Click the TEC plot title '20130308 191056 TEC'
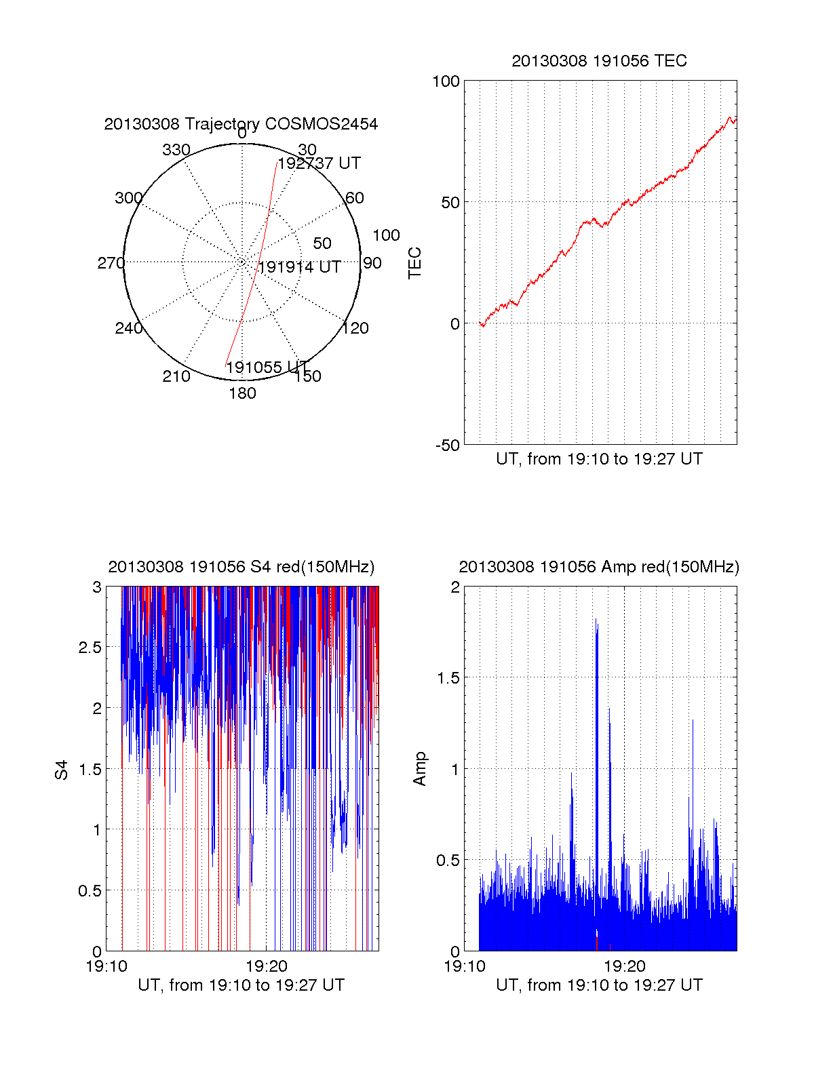tap(599, 61)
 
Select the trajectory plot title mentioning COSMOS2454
tap(241, 124)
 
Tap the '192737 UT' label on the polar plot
tap(319, 163)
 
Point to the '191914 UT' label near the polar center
tap(299, 267)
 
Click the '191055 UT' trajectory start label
tap(267, 368)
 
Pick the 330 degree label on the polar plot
tap(176, 150)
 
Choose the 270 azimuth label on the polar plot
tap(111, 263)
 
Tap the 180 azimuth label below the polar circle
tap(242, 393)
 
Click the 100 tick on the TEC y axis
tap(446, 81)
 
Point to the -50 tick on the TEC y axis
tap(447, 446)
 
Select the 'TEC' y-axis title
tap(415, 263)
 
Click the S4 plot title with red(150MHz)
tap(241, 567)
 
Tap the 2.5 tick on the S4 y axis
tap(90, 648)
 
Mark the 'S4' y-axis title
tap(62, 770)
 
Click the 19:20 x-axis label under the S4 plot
tap(267, 966)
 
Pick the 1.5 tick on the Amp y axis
tap(447, 678)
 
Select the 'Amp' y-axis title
tap(420, 769)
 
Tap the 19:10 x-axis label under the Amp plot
tap(465, 966)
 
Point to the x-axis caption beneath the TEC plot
tap(599, 459)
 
